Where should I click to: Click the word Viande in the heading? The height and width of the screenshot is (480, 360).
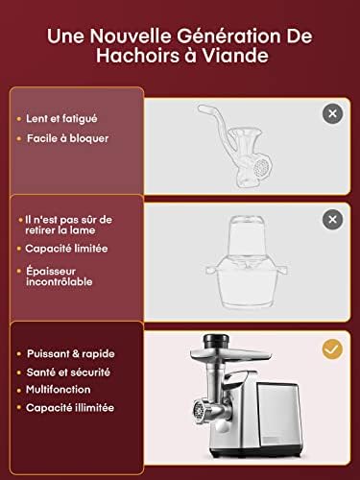point(235,56)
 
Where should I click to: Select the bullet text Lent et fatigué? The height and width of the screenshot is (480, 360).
point(61,119)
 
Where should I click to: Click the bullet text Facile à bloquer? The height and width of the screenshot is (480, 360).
point(67,138)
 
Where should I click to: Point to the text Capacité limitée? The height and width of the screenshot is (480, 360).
point(66,249)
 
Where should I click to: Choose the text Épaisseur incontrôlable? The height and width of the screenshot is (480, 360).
point(60,276)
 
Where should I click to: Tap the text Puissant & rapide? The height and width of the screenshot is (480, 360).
point(71,353)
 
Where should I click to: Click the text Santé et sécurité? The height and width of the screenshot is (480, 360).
point(68,372)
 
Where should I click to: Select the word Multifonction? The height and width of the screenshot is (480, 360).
point(59,390)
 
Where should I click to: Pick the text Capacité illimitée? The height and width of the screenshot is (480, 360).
point(70,408)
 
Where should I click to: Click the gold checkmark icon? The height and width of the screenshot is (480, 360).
point(332,349)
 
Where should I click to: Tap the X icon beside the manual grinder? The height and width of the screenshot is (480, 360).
point(332,113)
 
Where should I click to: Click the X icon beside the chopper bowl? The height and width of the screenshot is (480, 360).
point(332,219)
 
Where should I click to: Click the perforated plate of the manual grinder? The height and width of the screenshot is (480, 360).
point(261,168)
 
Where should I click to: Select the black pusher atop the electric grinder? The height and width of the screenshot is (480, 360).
point(216,342)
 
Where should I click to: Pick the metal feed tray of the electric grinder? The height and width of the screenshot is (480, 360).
point(230,354)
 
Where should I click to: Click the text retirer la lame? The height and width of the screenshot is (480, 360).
point(60,230)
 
